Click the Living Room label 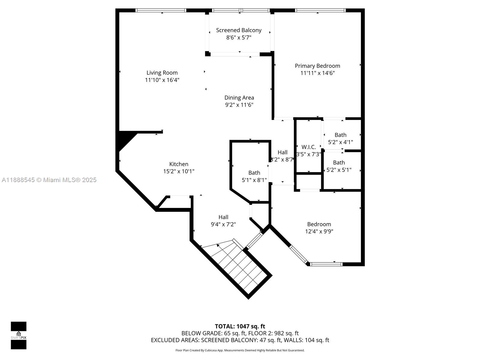click(x=162, y=73)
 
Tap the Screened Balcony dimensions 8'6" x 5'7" click(x=238, y=37)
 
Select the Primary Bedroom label click(x=317, y=66)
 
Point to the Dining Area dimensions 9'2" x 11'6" click(x=239, y=105)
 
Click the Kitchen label click(x=179, y=164)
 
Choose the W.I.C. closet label click(x=309, y=147)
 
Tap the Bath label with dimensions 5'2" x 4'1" click(x=340, y=135)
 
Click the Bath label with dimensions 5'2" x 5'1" click(x=339, y=163)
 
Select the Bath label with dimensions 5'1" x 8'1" click(x=254, y=173)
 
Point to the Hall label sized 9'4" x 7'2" click(x=223, y=217)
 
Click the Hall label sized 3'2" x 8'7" click(x=283, y=152)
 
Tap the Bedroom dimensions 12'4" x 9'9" click(x=319, y=231)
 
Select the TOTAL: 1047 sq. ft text click(x=240, y=326)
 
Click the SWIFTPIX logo click(x=19, y=335)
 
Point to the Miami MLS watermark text click(x=49, y=180)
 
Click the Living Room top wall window click(x=161, y=10)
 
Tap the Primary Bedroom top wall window click(x=320, y=10)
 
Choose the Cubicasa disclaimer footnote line click(x=240, y=350)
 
